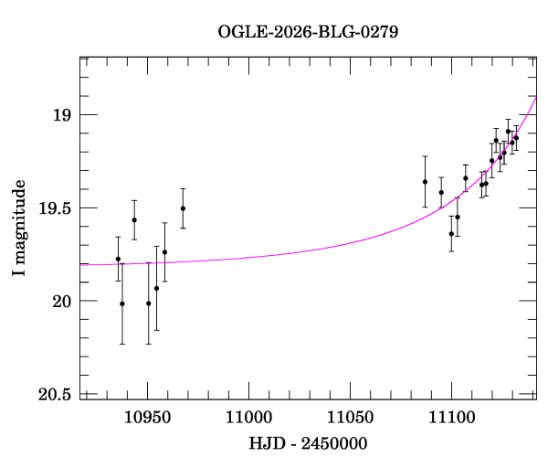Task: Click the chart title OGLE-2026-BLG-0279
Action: pos(308,32)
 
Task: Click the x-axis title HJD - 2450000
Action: pos(308,444)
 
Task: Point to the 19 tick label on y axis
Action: pos(62,115)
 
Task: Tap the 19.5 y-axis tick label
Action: pos(55,208)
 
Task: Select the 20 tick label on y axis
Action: pos(62,302)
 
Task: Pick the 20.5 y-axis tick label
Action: pos(55,395)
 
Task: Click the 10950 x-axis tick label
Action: pos(148,419)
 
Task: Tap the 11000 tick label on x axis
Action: pos(249,419)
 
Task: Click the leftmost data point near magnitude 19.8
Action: pos(118,259)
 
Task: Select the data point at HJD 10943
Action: pos(134,220)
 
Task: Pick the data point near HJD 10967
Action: pos(183,208)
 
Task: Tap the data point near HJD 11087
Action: pos(425,181)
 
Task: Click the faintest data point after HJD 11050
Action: pos(451,233)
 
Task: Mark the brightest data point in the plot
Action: pos(508,132)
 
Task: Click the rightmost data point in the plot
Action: pos(516,137)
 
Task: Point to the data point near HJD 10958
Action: pos(164,252)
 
